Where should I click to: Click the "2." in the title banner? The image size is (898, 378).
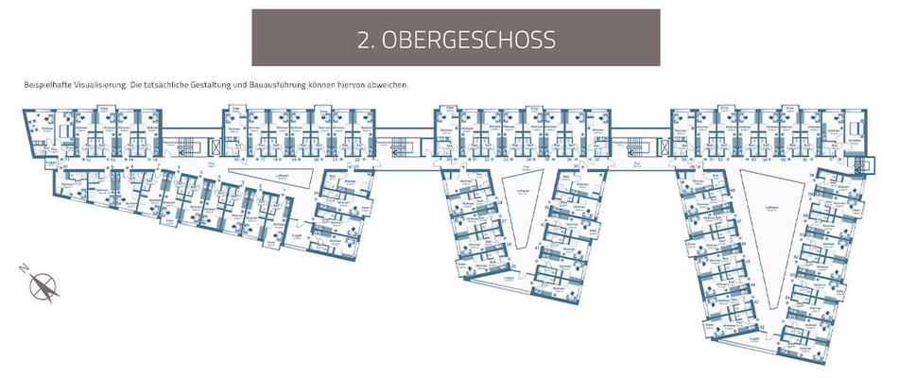coord(369,40)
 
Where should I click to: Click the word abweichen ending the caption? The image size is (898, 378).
coord(388,85)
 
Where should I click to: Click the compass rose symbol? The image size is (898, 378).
coord(42,286)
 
